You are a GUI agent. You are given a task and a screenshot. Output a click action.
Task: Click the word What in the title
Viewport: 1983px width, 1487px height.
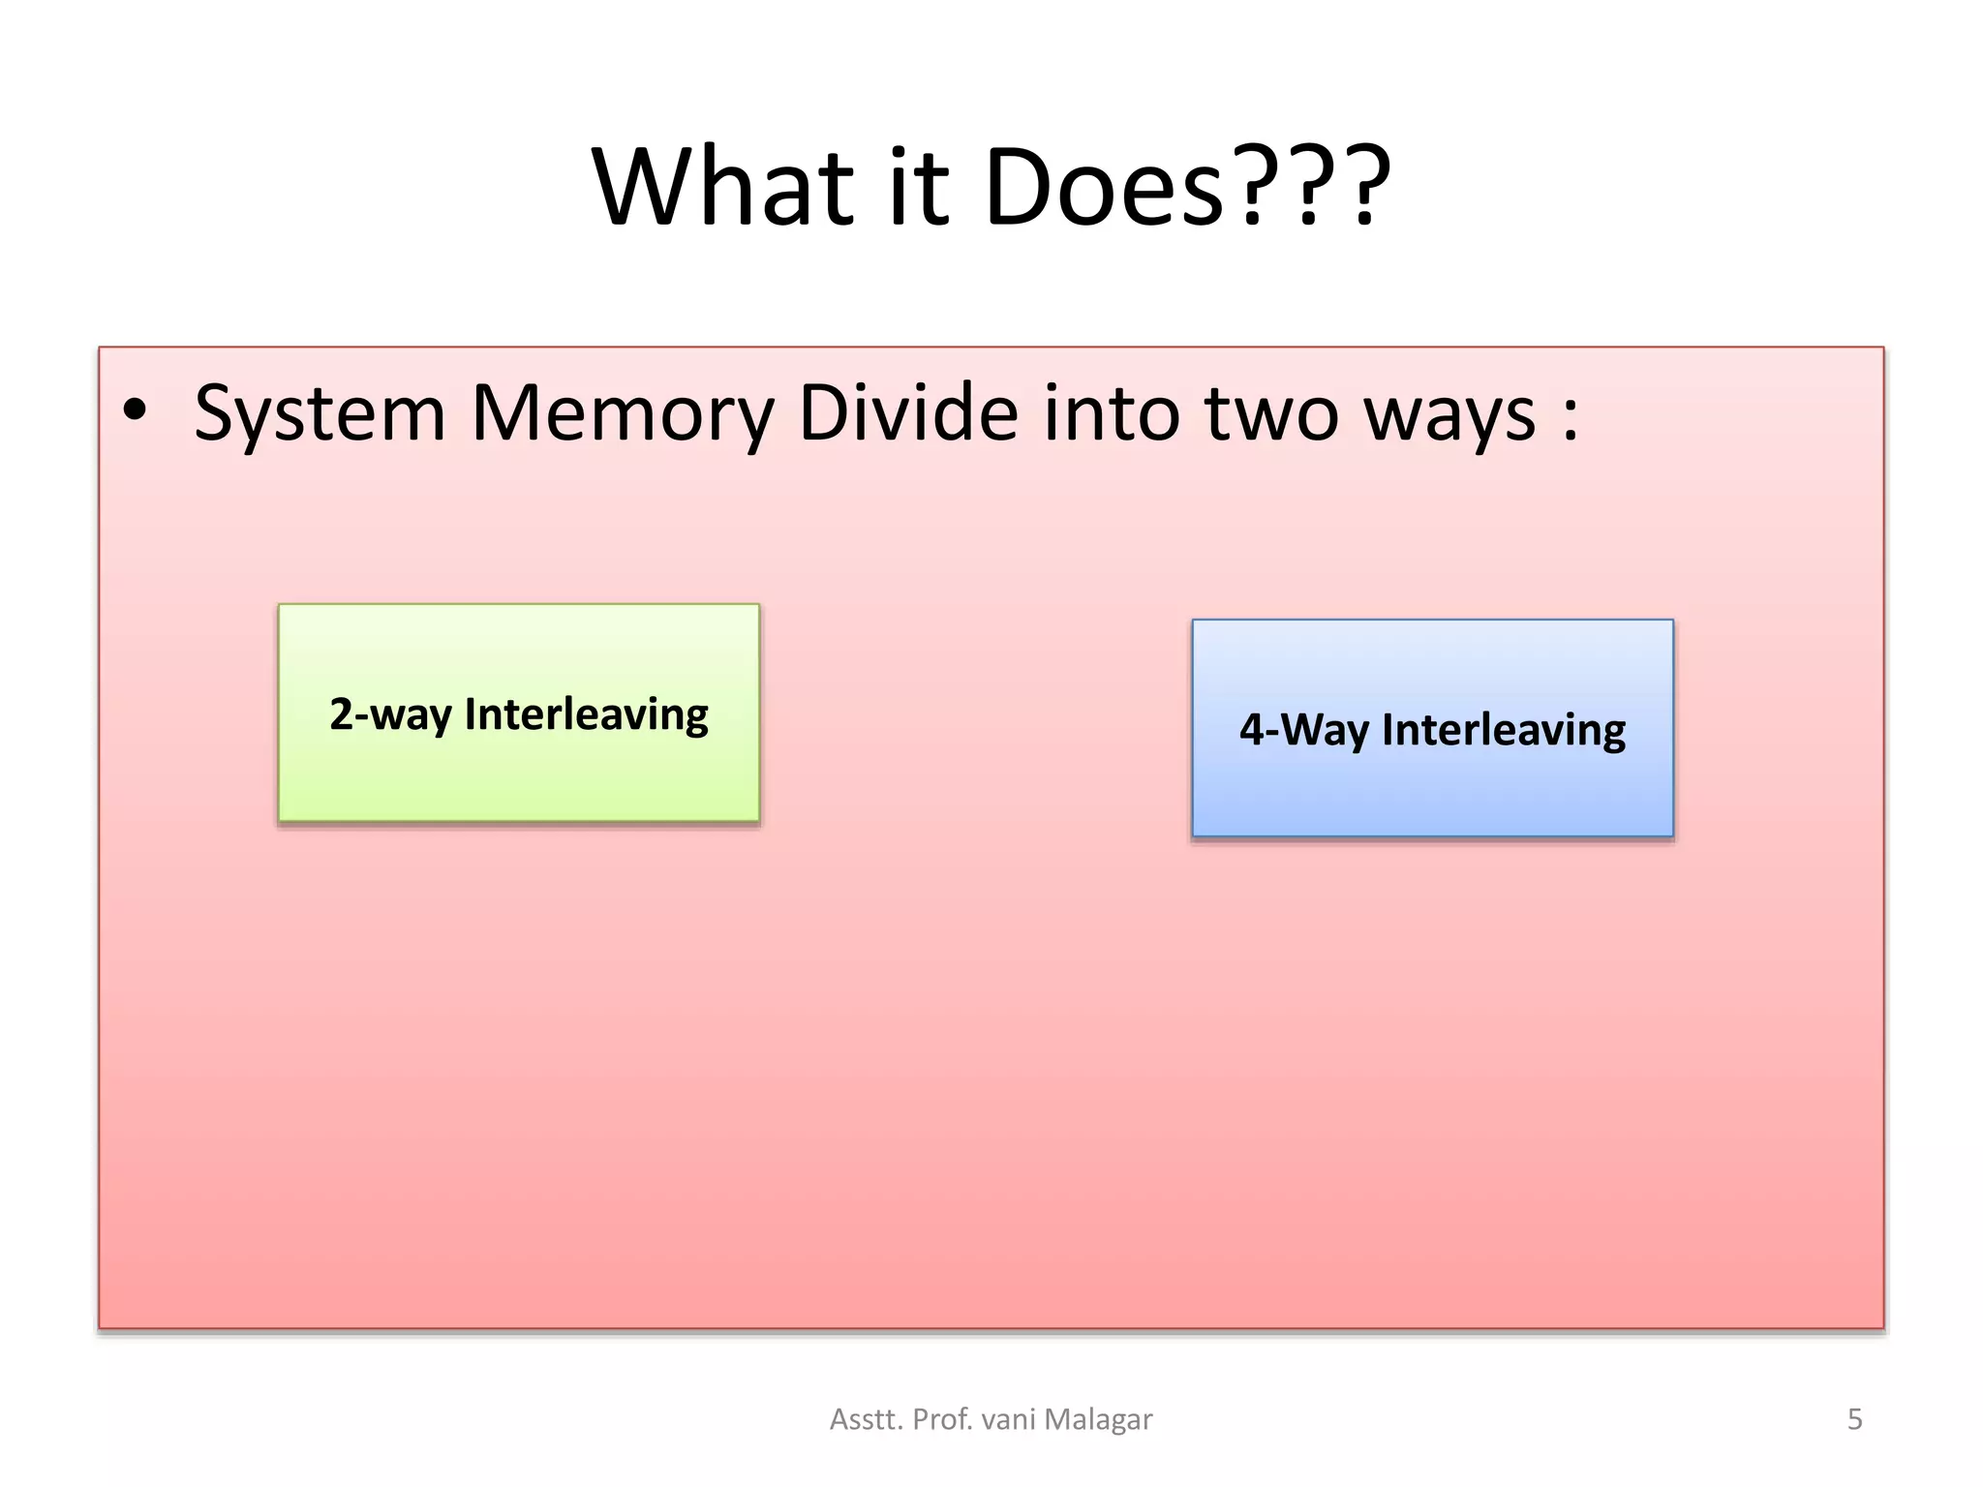[x=722, y=186]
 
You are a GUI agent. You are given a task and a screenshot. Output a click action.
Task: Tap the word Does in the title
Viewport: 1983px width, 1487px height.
[x=1104, y=186]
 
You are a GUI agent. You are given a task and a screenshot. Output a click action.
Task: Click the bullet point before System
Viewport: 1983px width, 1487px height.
[x=136, y=410]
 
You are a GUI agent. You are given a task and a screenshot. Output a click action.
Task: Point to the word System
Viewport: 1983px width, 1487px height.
[x=320, y=414]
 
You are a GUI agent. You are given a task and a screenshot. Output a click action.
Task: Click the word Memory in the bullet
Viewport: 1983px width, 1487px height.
[x=623, y=414]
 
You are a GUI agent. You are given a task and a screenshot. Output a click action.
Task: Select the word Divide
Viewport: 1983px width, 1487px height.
[x=908, y=412]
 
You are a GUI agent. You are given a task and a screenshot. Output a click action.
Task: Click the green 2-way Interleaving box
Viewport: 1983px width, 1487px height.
[x=519, y=774]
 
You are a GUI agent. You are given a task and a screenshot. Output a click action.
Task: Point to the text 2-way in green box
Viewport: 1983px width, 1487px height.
[x=390, y=714]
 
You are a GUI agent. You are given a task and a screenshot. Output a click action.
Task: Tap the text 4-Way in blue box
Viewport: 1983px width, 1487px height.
[x=1303, y=730]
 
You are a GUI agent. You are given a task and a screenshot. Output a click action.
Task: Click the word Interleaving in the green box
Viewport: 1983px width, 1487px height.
[x=587, y=714]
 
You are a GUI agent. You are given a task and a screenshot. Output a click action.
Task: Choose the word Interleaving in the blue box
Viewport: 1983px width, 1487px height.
[x=1504, y=730]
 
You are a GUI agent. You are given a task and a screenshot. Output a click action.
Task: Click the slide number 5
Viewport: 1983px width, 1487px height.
[x=1855, y=1419]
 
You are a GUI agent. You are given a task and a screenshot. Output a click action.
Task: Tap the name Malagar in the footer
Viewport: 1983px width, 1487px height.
[x=1099, y=1419]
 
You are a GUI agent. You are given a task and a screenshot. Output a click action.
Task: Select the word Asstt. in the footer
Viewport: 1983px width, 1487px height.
[x=867, y=1419]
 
